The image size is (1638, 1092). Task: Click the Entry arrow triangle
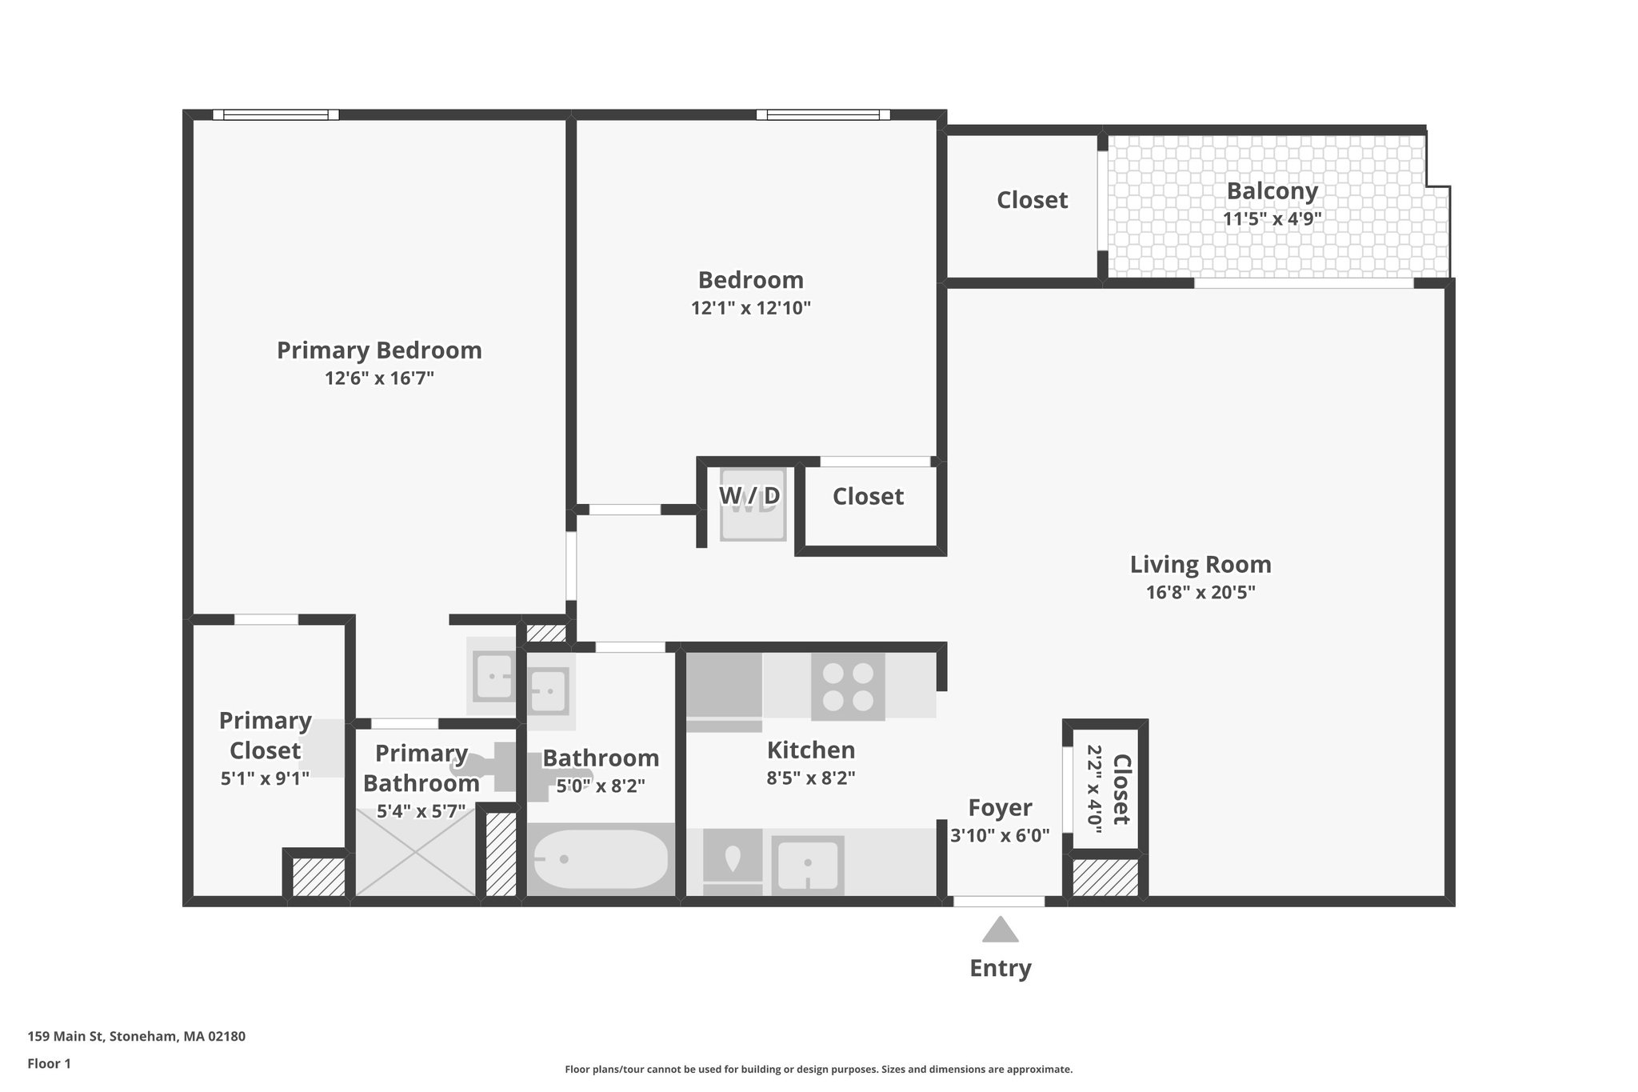click(x=1000, y=930)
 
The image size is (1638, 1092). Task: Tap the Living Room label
click(x=1200, y=565)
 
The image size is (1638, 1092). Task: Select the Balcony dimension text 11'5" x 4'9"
click(x=1272, y=218)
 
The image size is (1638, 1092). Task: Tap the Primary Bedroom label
click(x=379, y=350)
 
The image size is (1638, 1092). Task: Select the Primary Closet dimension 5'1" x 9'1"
click(x=265, y=778)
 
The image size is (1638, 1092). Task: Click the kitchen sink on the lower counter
click(x=808, y=864)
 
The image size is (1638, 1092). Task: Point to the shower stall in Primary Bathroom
click(x=416, y=852)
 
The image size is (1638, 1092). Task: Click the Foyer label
click(x=1000, y=808)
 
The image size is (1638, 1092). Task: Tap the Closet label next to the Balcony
click(x=1032, y=200)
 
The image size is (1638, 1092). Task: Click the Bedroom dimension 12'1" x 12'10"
click(x=751, y=308)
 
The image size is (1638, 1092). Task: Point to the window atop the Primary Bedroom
click(x=275, y=115)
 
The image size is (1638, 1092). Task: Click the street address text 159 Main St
click(x=136, y=1037)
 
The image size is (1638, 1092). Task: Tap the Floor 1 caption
click(x=49, y=1064)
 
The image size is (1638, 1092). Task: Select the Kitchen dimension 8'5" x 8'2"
click(x=811, y=778)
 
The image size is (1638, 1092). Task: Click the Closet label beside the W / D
click(x=868, y=497)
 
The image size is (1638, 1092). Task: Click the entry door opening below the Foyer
click(x=999, y=902)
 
